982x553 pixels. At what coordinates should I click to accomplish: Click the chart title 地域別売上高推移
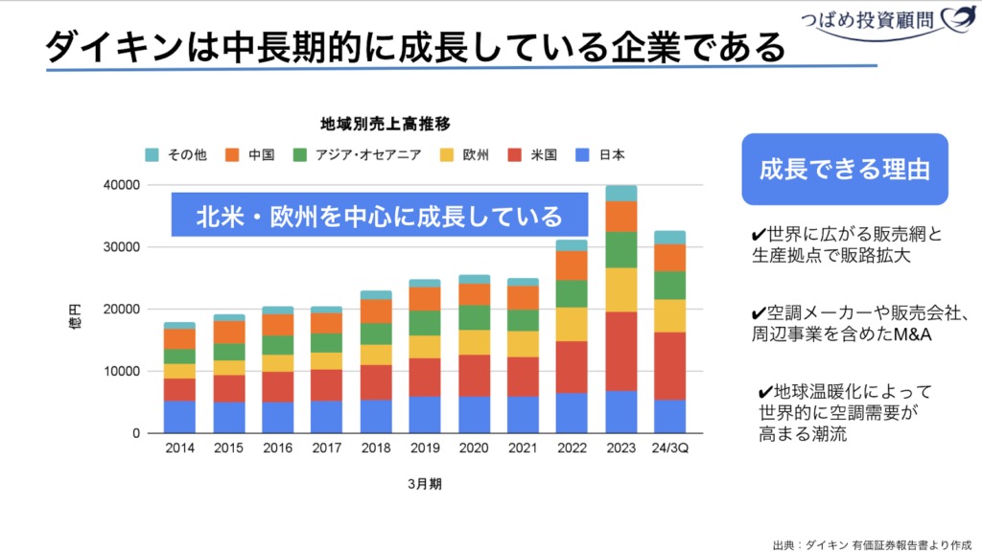[x=386, y=124]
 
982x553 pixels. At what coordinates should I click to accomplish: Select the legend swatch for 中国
[x=232, y=155]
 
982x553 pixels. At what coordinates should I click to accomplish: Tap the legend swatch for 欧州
[x=447, y=155]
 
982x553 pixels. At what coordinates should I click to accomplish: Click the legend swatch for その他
[x=152, y=155]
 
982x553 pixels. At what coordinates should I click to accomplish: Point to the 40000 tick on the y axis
[x=122, y=185]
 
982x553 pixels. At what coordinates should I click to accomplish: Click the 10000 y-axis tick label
[x=122, y=371]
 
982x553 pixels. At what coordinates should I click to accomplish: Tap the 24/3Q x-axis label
[x=670, y=448]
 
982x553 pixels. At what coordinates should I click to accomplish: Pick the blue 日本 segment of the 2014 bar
[x=179, y=417]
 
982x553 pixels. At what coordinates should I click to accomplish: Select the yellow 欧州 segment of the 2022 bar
[x=572, y=324]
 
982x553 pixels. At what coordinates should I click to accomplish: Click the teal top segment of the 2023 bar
[x=621, y=193]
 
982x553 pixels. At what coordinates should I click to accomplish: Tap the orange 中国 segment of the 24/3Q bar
[x=670, y=258]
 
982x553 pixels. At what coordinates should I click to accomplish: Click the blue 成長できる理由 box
[x=844, y=170]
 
